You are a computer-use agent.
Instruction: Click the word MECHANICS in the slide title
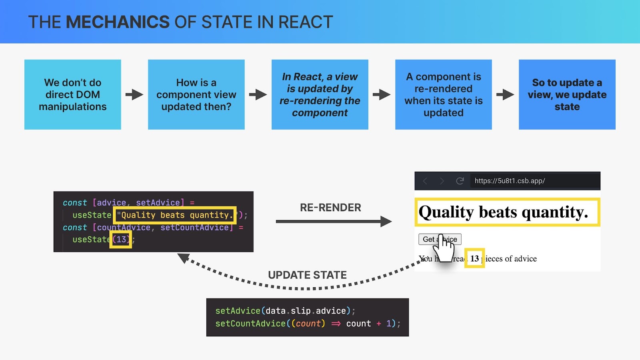coord(118,22)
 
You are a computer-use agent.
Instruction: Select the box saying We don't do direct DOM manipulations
coord(72,94)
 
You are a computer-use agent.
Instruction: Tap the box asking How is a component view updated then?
coord(196,94)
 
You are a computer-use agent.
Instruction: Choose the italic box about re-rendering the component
coord(320,94)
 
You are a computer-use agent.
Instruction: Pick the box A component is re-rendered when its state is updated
coord(444,94)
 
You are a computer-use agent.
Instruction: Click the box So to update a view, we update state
coord(567,94)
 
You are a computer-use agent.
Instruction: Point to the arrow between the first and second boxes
coord(134,94)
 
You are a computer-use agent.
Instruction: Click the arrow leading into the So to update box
coord(505,94)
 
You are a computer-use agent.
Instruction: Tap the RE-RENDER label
coord(330,208)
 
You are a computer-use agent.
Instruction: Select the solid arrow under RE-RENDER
coord(334,222)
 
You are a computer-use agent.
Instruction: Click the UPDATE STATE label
coord(308,275)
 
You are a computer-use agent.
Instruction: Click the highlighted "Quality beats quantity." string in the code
coord(175,215)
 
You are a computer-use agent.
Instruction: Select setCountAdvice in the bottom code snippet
coord(250,324)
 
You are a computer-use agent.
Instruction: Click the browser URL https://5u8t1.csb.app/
coord(510,181)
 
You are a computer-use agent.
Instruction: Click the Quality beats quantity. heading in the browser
coord(503,212)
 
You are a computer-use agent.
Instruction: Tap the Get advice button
coord(440,239)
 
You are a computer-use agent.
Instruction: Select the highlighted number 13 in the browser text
coord(474,258)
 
